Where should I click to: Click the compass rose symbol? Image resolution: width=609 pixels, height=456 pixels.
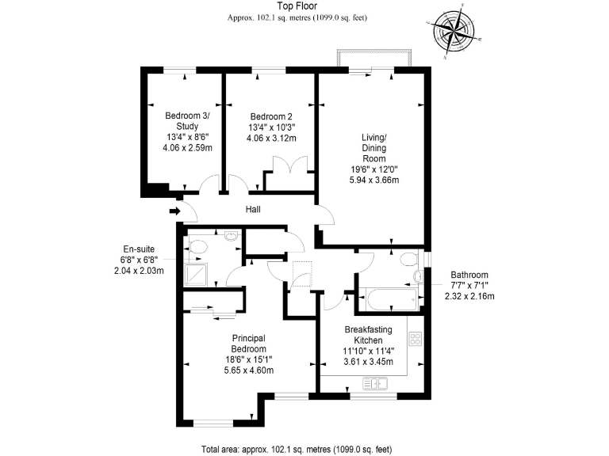[456, 33]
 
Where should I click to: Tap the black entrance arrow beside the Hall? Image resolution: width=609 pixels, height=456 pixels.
[174, 211]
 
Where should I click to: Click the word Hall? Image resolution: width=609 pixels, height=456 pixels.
[253, 210]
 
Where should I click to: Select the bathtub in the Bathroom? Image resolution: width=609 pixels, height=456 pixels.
[389, 299]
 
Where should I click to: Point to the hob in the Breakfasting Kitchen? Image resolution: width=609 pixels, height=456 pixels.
[415, 339]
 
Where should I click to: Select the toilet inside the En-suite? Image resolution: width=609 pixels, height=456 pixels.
[196, 248]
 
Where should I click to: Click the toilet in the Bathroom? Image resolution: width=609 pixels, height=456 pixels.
[408, 260]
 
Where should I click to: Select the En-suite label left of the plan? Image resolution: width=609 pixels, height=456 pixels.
[138, 246]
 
